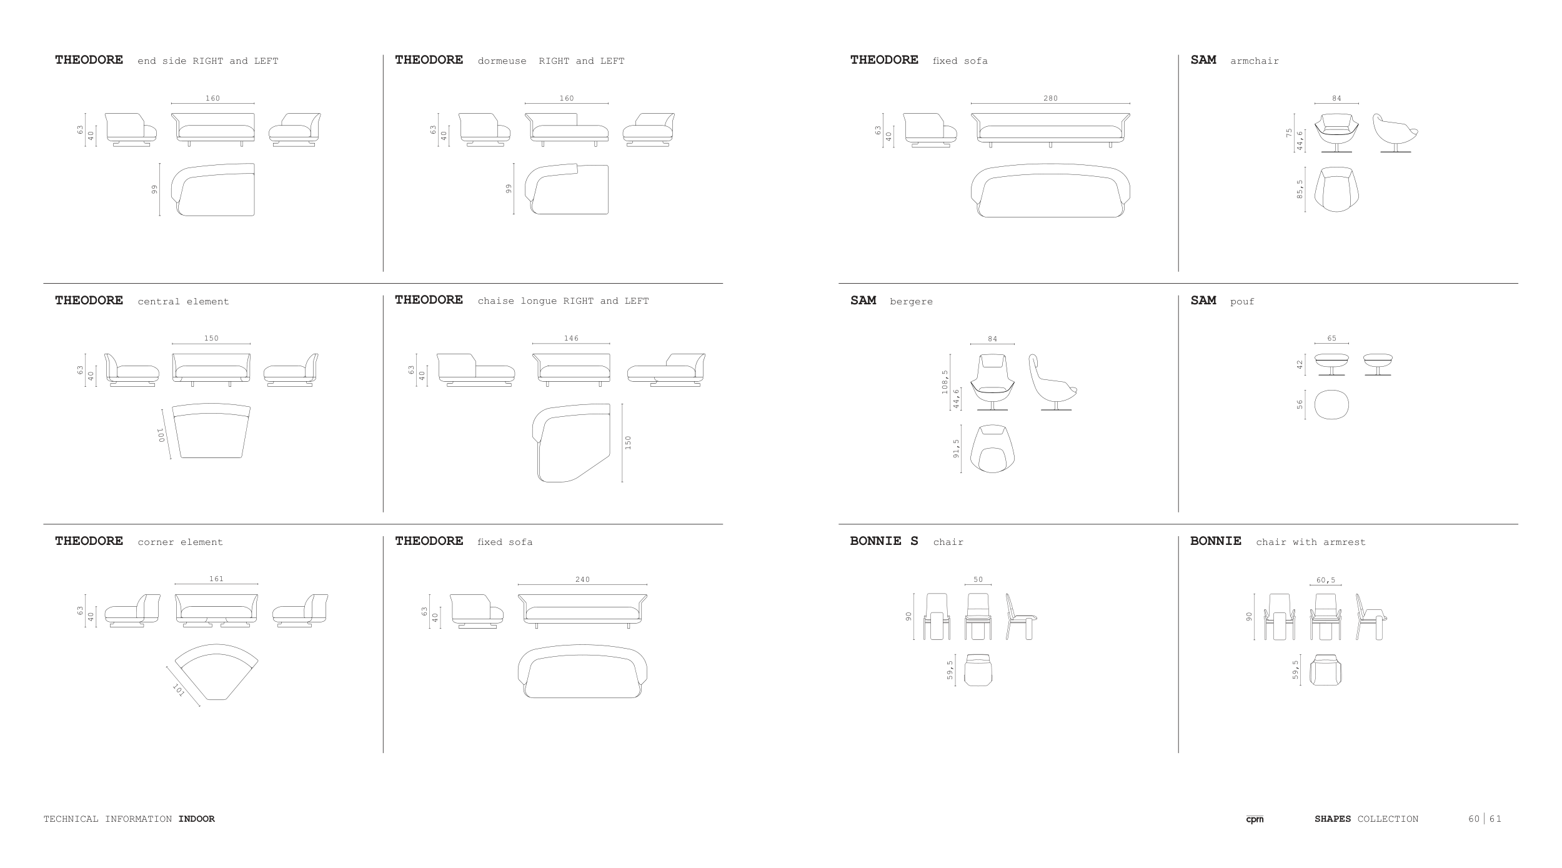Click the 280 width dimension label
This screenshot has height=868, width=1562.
click(1050, 98)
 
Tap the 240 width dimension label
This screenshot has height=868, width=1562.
click(582, 579)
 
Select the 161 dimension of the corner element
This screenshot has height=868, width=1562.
click(216, 579)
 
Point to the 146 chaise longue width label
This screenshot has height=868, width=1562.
click(571, 338)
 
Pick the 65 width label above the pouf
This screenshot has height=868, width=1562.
click(1331, 338)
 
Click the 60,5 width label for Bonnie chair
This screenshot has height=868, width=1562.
click(1325, 580)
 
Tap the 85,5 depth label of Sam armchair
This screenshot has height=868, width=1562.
click(1300, 189)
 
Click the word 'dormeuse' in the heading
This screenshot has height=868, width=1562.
click(502, 61)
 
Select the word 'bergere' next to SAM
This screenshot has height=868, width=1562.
click(911, 301)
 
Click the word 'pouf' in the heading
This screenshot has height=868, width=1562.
click(1242, 301)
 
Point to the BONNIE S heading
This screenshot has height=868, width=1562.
click(884, 541)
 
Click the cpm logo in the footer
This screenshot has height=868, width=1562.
click(1254, 819)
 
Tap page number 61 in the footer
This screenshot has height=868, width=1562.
click(1495, 819)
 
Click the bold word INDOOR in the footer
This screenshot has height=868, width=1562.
click(196, 819)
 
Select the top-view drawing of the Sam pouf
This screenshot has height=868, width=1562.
click(1331, 405)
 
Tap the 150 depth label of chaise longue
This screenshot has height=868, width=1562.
click(628, 442)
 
